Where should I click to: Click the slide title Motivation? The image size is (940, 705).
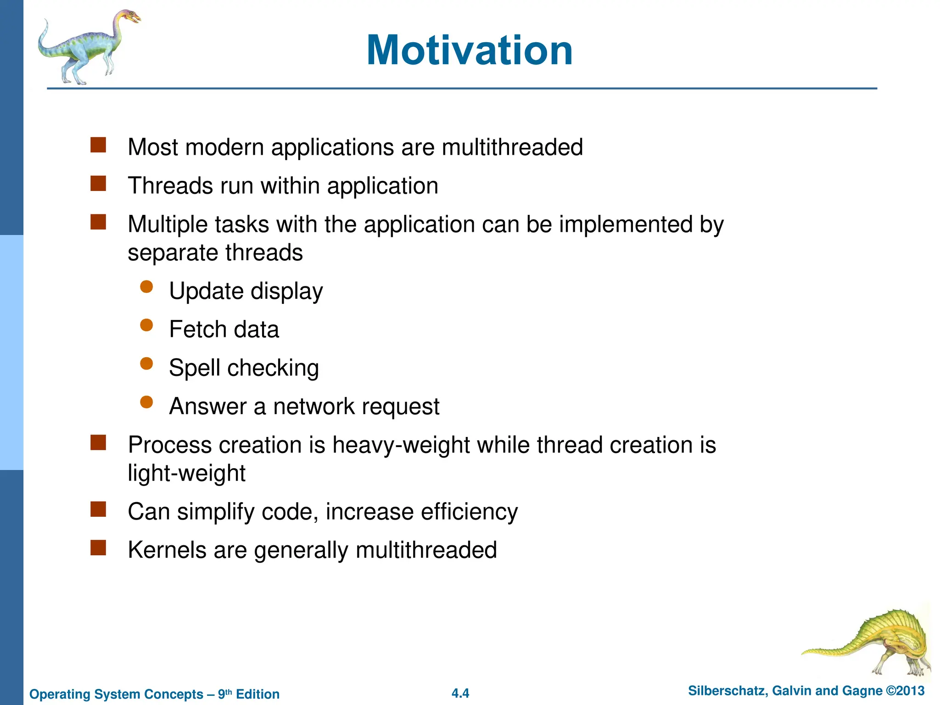(470, 50)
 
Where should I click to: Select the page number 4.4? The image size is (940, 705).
(460, 693)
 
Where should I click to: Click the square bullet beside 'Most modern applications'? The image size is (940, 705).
(98, 145)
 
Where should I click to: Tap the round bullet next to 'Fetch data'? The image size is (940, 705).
(146, 325)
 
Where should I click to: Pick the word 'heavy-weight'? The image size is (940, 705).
(401, 445)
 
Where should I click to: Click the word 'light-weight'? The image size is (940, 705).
(186, 474)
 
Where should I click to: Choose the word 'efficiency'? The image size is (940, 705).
(469, 512)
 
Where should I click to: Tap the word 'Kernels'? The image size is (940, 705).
(167, 550)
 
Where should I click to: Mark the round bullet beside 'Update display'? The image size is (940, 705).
(146, 287)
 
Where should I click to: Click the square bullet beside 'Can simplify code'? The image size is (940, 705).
(98, 509)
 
